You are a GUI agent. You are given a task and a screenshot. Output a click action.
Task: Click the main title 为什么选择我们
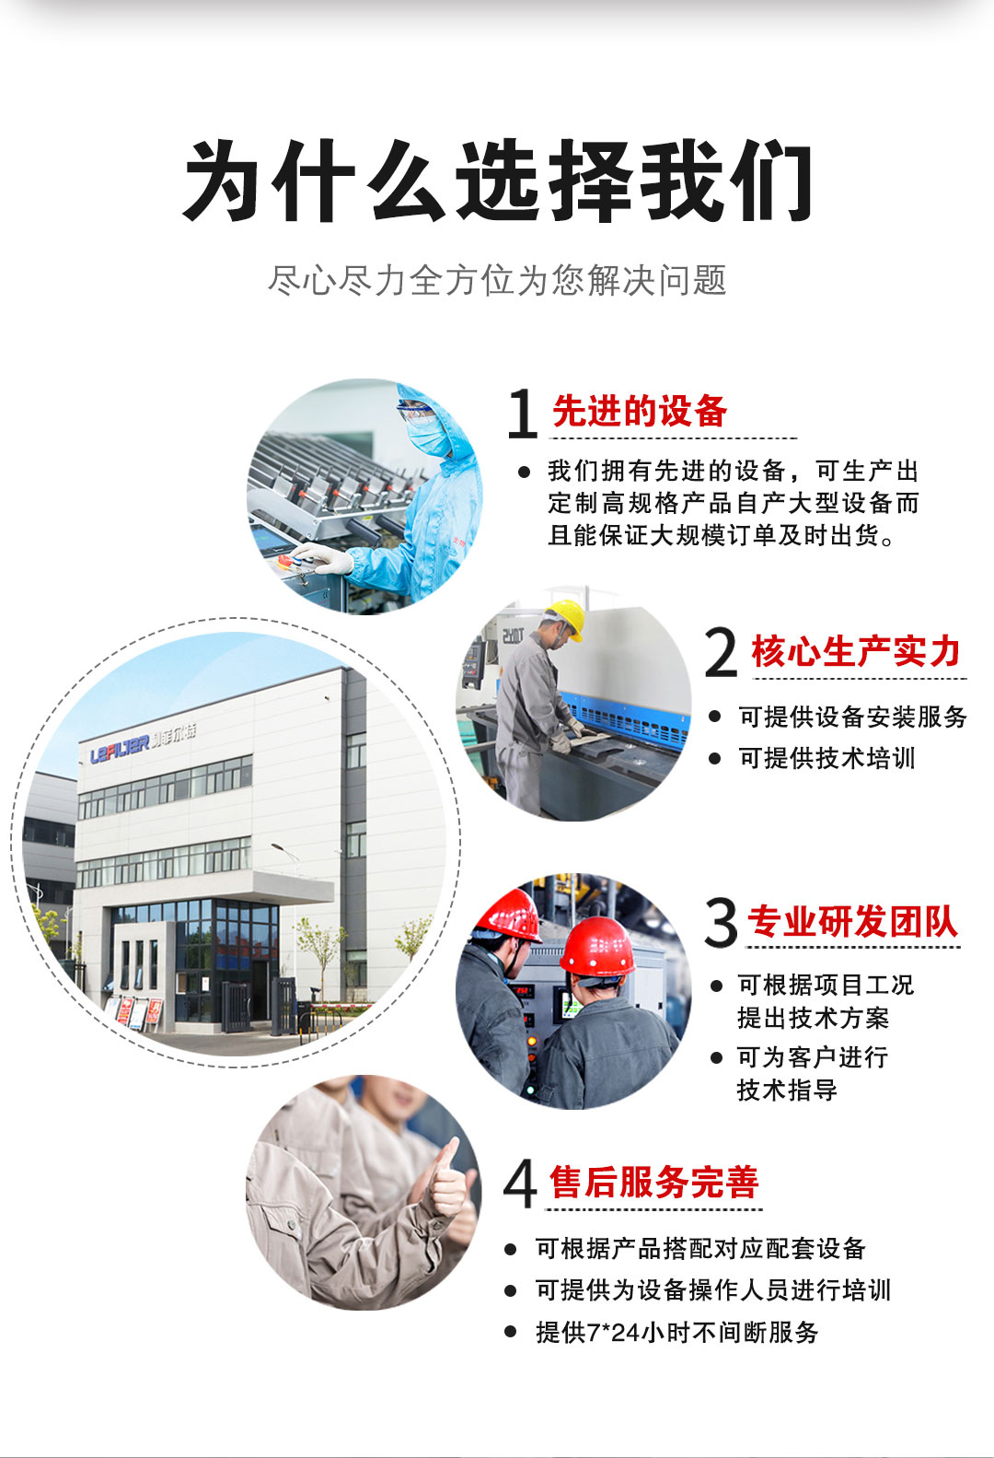pos(498,181)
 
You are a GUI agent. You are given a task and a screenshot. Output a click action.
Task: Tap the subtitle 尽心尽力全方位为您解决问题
pos(497,280)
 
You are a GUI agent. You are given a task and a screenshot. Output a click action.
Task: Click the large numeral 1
pos(523,413)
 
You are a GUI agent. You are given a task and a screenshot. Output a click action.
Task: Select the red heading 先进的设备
pos(640,412)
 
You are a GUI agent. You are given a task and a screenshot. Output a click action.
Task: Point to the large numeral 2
pos(722,652)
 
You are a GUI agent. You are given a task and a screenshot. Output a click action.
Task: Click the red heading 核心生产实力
pos(856,651)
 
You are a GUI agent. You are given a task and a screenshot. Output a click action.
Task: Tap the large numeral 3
pos(721,922)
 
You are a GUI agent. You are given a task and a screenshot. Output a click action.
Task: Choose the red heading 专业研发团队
pos(852,921)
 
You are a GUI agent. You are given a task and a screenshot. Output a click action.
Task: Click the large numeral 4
pos(520,1184)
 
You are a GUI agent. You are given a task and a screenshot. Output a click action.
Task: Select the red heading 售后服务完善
pos(653,1182)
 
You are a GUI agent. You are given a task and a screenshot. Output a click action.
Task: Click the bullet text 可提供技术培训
pos(826,758)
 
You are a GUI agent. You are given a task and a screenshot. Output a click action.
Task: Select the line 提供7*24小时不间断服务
pos(676,1333)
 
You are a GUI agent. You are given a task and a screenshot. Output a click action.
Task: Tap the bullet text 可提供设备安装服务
pos(853,717)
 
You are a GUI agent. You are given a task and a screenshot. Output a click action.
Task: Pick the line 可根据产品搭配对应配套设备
pos(700,1248)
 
